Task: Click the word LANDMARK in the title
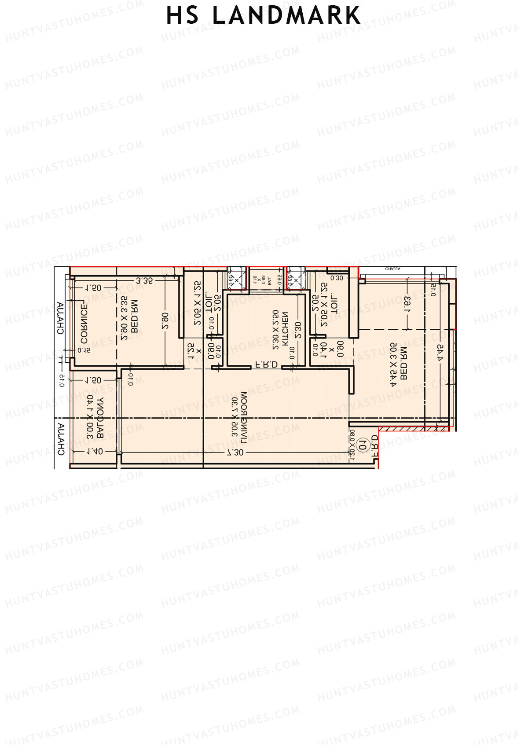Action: [286, 16]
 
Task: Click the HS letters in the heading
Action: [182, 16]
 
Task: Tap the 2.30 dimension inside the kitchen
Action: [298, 330]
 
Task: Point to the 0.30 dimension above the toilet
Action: [337, 278]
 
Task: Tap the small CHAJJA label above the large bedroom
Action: [392, 269]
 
